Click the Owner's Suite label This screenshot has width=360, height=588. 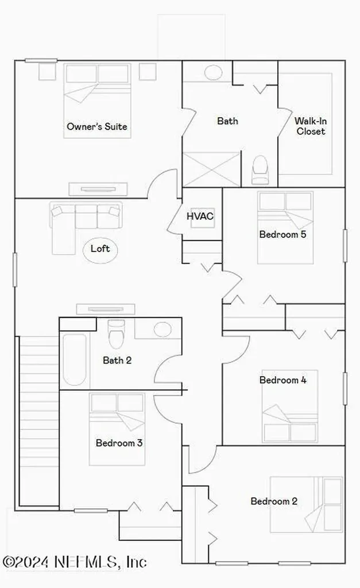click(97, 126)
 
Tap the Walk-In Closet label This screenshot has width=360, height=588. click(309, 126)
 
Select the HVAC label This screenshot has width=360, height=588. click(200, 216)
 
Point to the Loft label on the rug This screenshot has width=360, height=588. click(100, 249)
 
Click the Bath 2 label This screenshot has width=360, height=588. click(117, 361)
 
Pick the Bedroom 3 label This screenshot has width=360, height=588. click(119, 443)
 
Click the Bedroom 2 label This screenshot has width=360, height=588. click(274, 501)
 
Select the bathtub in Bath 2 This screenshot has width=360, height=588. click(75, 359)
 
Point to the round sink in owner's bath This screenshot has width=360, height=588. click(214, 73)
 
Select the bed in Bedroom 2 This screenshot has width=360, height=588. click(307, 504)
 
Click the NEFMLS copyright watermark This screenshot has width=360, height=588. click(75, 561)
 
